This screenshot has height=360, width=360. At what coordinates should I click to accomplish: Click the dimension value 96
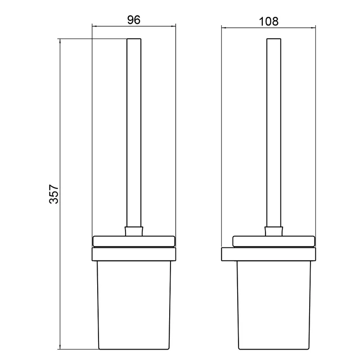tap(134, 20)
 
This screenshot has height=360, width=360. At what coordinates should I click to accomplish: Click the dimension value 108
tap(268, 21)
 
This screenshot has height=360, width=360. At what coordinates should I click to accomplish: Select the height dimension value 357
tap(54, 194)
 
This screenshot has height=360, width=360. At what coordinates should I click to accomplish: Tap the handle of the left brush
tap(134, 133)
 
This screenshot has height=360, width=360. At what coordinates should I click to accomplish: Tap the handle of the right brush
tap(274, 133)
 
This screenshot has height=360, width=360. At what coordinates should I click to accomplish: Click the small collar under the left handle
tap(134, 231)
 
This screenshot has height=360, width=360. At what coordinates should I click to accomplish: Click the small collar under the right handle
tap(274, 231)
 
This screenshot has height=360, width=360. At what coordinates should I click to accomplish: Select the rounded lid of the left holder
tap(134, 241)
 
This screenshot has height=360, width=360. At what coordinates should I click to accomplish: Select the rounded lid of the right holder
tap(274, 241)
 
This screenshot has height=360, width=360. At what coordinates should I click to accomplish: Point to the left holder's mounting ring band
tap(134, 254)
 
